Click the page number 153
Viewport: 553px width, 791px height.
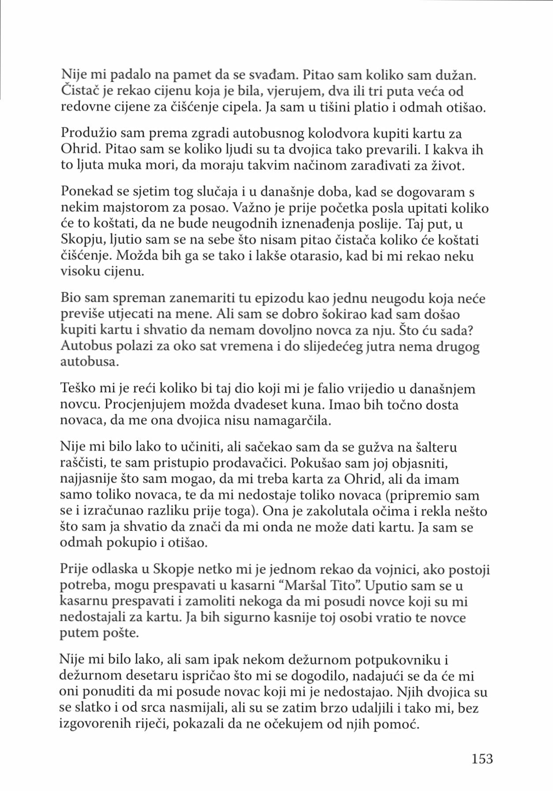pyautogui.click(x=482, y=759)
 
